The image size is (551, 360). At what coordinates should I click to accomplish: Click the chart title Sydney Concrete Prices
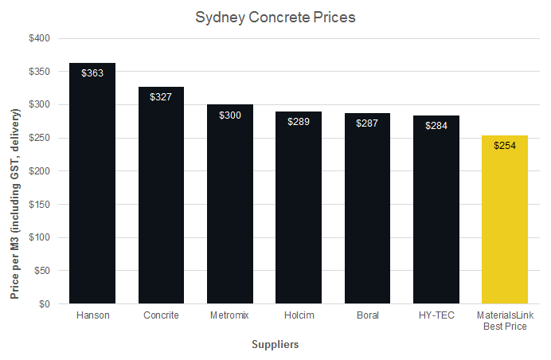275,17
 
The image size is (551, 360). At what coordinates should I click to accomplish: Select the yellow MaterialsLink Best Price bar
505,223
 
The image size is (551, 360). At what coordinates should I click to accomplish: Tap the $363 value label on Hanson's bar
92,72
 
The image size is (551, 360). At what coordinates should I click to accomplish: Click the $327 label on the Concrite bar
161,96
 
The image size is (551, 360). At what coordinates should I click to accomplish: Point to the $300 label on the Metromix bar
230,115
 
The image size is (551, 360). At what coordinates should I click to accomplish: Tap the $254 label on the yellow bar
505,146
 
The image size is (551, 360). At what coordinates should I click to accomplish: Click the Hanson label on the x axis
92,315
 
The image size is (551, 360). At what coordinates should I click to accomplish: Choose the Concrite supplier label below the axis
161,315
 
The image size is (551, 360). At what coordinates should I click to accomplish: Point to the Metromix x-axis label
230,315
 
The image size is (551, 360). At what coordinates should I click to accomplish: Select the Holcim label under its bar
299,315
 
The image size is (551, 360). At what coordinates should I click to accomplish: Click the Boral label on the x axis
368,315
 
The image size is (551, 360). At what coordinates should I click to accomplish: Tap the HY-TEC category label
436,315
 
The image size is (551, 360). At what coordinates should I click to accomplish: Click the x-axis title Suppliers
275,345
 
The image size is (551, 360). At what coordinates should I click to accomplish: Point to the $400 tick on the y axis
38,38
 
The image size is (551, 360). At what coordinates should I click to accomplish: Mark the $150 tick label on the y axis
38,204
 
